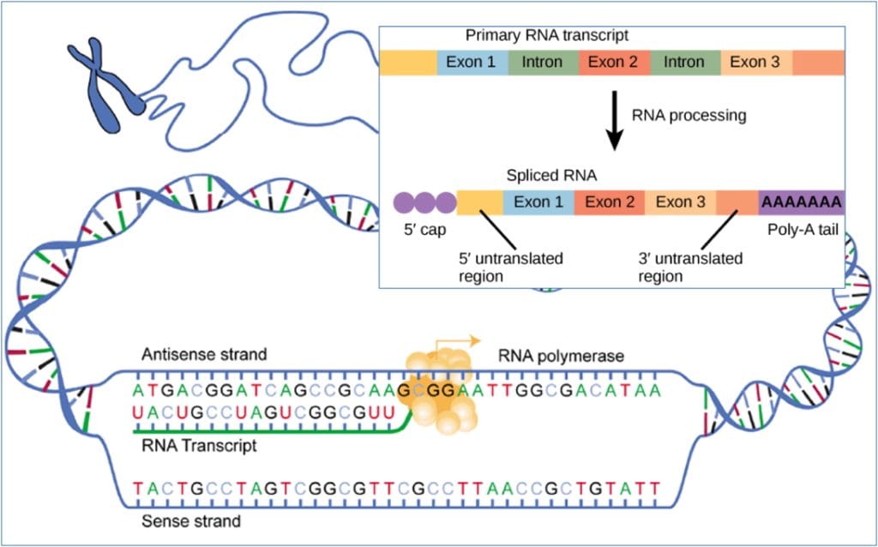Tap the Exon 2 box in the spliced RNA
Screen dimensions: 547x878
pyautogui.click(x=609, y=202)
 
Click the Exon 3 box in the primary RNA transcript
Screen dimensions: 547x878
pyautogui.click(x=755, y=62)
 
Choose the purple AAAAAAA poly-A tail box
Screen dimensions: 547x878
pyautogui.click(x=802, y=202)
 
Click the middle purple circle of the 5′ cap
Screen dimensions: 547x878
pyautogui.click(x=424, y=202)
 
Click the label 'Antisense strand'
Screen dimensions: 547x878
pyautogui.click(x=205, y=354)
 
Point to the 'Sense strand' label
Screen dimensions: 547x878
pyautogui.click(x=191, y=520)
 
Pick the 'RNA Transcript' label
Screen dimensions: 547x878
pyautogui.click(x=199, y=446)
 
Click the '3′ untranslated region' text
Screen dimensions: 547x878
pyautogui.click(x=690, y=267)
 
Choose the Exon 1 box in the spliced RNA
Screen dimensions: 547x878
pyautogui.click(x=538, y=202)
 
